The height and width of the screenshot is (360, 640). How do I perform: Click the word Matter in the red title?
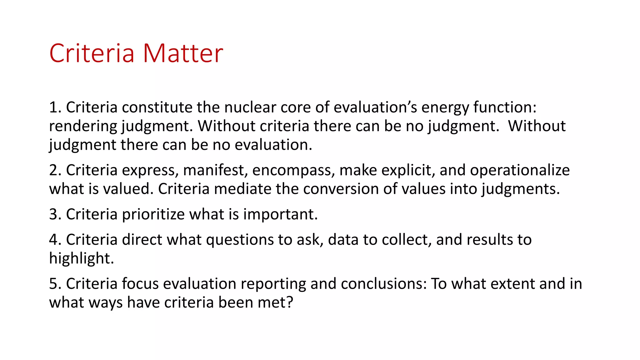tap(183, 53)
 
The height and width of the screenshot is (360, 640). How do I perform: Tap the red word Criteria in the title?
tap(92, 53)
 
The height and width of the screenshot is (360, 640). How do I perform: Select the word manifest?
tap(215, 170)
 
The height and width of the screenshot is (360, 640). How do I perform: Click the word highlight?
tap(82, 259)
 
